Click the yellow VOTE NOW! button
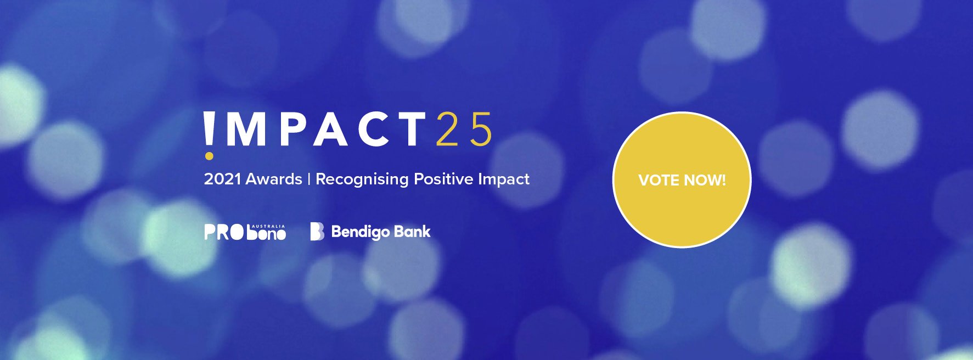(x=682, y=180)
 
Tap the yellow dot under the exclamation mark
(x=209, y=156)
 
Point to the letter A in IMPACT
(x=331, y=130)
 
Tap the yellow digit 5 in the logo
(x=481, y=130)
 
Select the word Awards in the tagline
(x=274, y=179)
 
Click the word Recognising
(x=362, y=180)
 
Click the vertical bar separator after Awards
(x=309, y=179)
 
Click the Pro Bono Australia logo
(x=245, y=232)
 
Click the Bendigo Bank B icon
(x=317, y=232)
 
